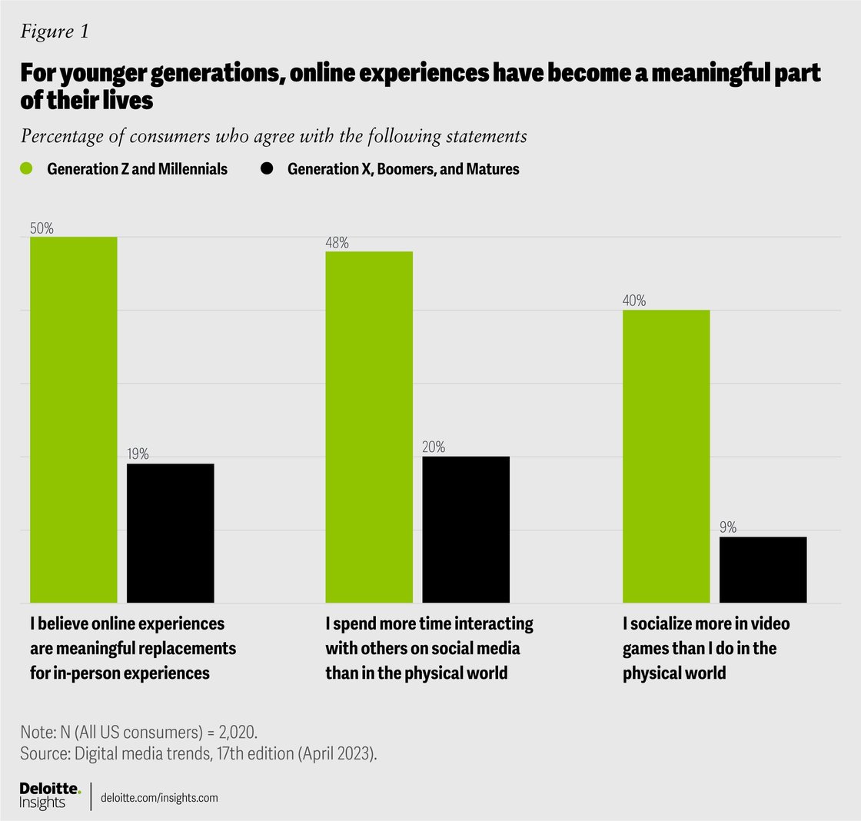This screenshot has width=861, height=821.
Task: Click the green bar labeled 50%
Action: pos(74,419)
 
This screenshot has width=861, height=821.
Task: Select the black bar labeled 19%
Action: pos(170,533)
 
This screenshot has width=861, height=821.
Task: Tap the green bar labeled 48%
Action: pos(369,427)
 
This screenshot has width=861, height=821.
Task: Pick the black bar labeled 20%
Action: pos(466,529)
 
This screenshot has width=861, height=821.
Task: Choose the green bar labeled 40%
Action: pos(666,456)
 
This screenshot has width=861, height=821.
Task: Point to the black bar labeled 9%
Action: pos(763,569)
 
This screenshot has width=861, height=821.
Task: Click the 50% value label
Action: pos(42,228)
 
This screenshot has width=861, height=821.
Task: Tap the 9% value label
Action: pos(728,527)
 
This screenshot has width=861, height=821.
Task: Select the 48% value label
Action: pos(337,243)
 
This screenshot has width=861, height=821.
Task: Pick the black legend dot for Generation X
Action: pos(268,168)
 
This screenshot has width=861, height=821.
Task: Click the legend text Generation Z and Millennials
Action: pos(137,169)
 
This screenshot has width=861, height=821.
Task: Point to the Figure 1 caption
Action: pos(55,32)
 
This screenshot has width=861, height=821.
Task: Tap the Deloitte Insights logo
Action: pos(49,796)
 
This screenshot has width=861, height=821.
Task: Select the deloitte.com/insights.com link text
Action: pos(160,798)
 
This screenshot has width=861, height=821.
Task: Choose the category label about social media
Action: pos(429,648)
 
